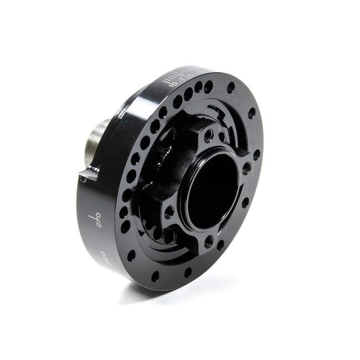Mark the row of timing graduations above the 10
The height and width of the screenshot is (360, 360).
177,74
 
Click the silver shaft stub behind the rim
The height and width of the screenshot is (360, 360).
95,145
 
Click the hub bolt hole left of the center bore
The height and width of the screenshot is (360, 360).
168,211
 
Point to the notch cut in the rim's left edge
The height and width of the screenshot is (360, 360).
84,177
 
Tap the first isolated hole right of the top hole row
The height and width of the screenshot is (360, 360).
231,88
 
